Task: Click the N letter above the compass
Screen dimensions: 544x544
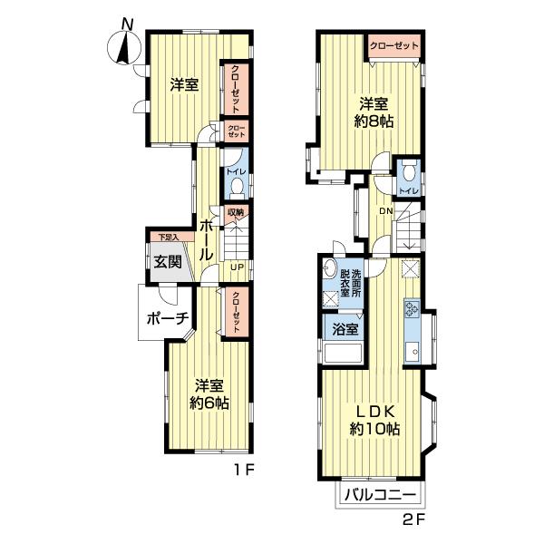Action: pyautogui.click(x=128, y=24)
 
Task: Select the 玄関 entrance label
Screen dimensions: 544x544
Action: pyautogui.click(x=168, y=262)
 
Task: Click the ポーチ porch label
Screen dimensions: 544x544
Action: pyautogui.click(x=168, y=318)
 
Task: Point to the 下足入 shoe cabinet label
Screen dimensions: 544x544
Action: pyautogui.click(x=169, y=238)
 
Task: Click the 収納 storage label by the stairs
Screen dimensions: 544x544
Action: pyautogui.click(x=236, y=212)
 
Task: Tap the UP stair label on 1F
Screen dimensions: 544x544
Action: pyautogui.click(x=238, y=267)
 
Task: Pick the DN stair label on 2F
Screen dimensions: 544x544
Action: pyautogui.click(x=386, y=210)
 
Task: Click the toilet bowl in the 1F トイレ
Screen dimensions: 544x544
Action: pyautogui.click(x=238, y=188)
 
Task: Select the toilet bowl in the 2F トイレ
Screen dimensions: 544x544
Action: pyautogui.click(x=410, y=170)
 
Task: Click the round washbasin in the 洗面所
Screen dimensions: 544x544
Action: pyautogui.click(x=329, y=268)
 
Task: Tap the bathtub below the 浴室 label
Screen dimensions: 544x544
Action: pyautogui.click(x=343, y=353)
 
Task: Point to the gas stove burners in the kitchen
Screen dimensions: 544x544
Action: pyautogui.click(x=412, y=309)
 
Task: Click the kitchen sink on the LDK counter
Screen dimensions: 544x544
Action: pyautogui.click(x=412, y=352)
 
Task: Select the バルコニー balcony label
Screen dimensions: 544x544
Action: pyautogui.click(x=380, y=495)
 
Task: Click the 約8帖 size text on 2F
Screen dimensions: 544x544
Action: pyautogui.click(x=374, y=121)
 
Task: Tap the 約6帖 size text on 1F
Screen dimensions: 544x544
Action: pyautogui.click(x=209, y=403)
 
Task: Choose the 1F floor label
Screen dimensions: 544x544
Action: pyautogui.click(x=244, y=471)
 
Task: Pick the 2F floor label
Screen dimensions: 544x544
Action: pyautogui.click(x=413, y=520)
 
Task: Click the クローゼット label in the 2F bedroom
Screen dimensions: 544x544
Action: pyautogui.click(x=394, y=46)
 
